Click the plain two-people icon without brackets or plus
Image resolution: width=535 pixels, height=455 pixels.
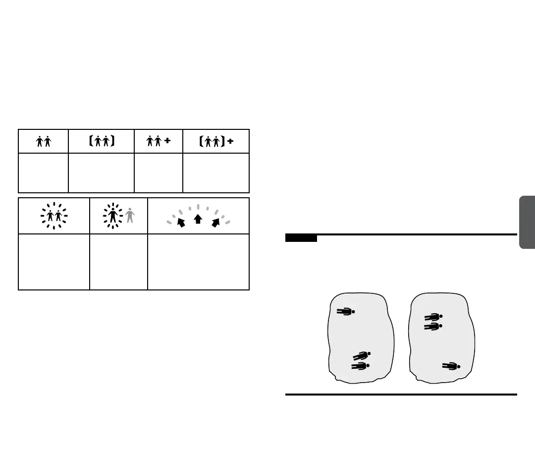pos(44,142)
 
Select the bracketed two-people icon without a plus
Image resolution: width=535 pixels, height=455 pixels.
pos(102,142)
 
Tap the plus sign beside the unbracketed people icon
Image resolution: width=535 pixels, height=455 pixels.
pos(167,141)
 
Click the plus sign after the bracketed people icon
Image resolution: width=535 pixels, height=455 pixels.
pos(230,141)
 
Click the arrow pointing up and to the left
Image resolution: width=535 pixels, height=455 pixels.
pos(181,222)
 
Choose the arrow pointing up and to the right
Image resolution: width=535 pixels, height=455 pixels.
pos(215,222)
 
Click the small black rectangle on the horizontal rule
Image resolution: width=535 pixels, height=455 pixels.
pos(301,238)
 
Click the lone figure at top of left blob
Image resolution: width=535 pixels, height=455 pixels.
pos(346,312)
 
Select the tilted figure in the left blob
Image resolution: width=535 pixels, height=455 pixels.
pos(362,355)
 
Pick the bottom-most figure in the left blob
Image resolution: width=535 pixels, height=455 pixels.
pos(361,366)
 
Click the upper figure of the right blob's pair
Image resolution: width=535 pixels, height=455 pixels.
pos(433,317)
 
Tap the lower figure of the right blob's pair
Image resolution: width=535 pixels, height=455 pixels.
pos(433,326)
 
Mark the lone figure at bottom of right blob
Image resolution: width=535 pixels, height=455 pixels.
pos(451,366)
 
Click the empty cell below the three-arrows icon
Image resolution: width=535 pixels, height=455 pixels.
pos(198,262)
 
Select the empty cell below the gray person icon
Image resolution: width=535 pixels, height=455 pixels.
pos(118,262)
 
